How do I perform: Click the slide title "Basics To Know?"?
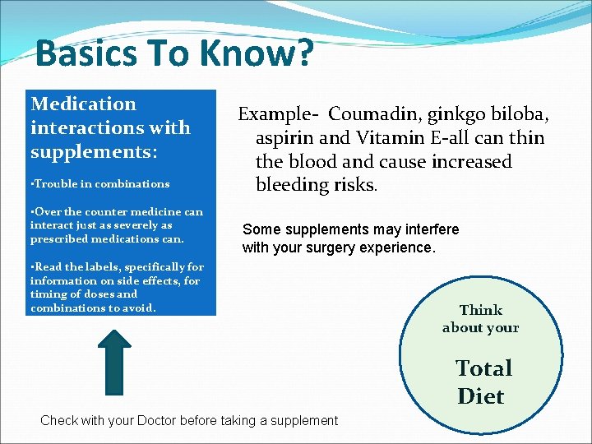coord(174,54)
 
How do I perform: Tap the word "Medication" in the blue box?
coord(83,104)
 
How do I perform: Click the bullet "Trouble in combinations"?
coord(99,184)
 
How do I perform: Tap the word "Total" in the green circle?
coord(483,368)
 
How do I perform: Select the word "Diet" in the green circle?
coord(481,396)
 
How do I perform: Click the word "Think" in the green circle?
coord(481,310)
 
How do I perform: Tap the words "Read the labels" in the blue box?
coord(75,266)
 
